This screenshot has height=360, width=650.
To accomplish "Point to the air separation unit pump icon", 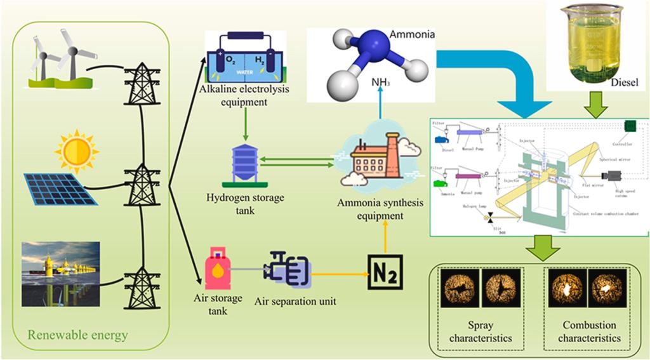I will [x=289, y=269].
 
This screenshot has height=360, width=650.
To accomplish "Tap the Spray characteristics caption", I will [x=481, y=333].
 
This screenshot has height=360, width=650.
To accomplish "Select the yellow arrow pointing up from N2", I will [x=385, y=238].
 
